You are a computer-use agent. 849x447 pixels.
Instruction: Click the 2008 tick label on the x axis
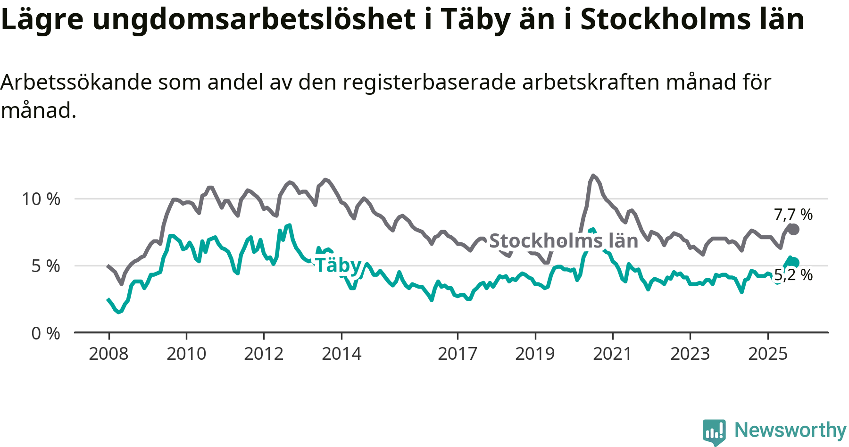tap(108, 354)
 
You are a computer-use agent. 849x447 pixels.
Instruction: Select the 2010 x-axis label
tap(186, 354)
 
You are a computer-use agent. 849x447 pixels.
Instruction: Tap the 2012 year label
tap(264, 354)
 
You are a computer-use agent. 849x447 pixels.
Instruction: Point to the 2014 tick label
tap(341, 354)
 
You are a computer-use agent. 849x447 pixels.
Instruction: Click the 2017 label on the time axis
tap(458, 354)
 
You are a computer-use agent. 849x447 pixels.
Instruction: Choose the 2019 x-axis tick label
tap(535, 354)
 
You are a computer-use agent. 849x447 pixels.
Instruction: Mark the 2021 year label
tap(612, 354)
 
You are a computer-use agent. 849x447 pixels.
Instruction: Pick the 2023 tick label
tap(690, 354)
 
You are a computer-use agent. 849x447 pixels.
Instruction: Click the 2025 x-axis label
tap(768, 354)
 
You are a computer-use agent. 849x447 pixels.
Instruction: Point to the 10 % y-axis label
tap(41, 199)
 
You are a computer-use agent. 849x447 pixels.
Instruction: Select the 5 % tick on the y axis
tap(46, 266)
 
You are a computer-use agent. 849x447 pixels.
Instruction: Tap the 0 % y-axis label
tap(46, 333)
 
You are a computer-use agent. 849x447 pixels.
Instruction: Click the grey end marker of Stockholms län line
tap(793, 230)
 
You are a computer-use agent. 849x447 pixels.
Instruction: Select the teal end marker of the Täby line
tap(794, 263)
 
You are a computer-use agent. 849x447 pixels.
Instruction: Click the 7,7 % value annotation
tap(793, 215)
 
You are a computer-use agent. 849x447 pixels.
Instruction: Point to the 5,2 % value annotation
tap(793, 275)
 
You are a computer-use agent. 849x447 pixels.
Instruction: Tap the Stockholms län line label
tap(564, 241)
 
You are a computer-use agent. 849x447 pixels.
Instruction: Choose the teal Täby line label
tap(338, 265)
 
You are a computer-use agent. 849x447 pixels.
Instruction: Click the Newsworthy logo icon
tap(714, 431)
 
